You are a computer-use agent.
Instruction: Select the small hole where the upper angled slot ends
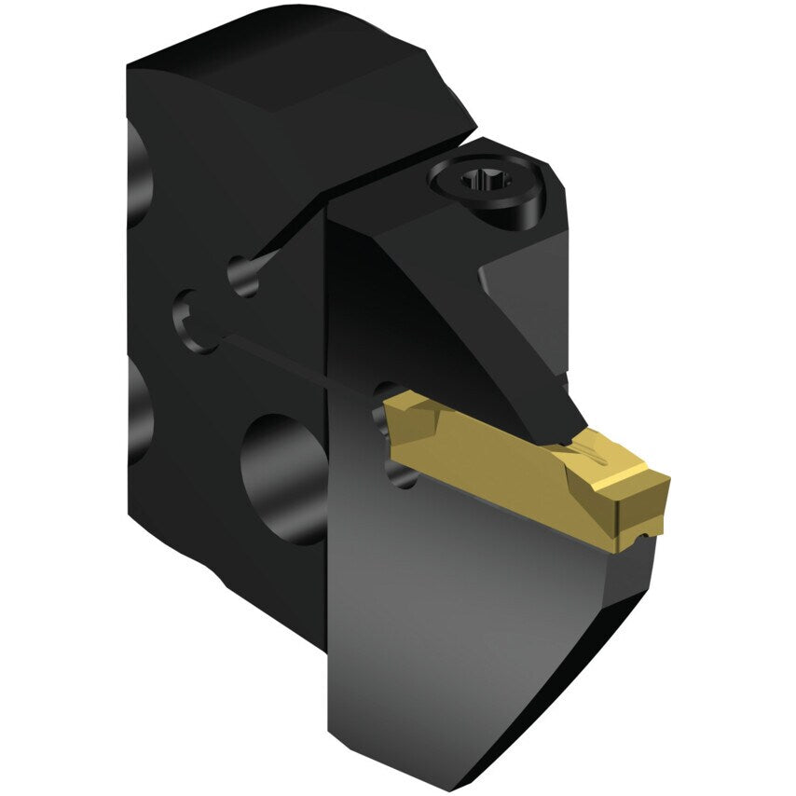[x=245, y=276]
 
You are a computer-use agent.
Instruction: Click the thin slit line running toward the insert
[x=298, y=360]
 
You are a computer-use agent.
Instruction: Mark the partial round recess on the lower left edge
[x=140, y=410]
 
